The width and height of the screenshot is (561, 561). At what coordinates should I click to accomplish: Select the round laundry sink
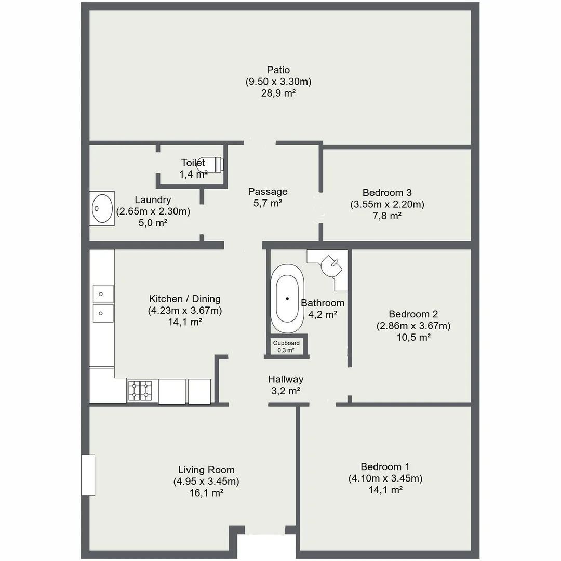[x=102, y=208]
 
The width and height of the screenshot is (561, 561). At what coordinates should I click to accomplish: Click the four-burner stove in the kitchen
[x=140, y=391]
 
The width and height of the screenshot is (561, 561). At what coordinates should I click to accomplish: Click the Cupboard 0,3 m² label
[x=287, y=346]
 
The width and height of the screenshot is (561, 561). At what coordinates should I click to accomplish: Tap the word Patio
[x=278, y=70]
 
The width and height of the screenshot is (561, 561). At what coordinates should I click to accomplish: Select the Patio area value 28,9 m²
[x=278, y=94]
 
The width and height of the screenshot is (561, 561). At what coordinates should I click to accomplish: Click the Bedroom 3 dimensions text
[x=387, y=204]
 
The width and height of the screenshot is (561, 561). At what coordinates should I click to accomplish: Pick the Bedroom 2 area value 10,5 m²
[x=413, y=337]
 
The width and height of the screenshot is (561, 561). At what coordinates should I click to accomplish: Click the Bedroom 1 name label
[x=385, y=466]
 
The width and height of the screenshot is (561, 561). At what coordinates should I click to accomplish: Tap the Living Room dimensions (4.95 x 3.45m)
[x=206, y=481]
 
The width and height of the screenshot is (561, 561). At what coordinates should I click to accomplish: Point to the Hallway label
[x=286, y=379]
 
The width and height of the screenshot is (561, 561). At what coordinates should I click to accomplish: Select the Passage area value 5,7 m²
[x=268, y=203]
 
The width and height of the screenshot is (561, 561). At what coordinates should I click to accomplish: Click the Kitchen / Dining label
[x=184, y=299]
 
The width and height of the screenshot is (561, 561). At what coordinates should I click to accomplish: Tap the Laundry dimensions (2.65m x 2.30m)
[x=153, y=211]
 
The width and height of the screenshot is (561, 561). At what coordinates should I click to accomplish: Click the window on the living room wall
[x=88, y=475]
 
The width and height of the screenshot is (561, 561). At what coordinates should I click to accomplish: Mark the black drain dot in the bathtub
[x=287, y=298]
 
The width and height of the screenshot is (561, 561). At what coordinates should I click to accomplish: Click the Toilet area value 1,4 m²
[x=193, y=175]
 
